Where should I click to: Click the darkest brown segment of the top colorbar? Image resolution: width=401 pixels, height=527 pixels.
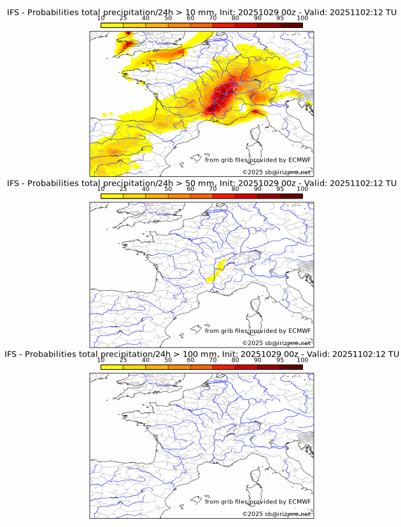[x=291, y=24]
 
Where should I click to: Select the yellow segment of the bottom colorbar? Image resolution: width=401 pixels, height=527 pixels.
[x=112, y=367]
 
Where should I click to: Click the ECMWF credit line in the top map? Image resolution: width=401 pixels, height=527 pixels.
[x=258, y=160]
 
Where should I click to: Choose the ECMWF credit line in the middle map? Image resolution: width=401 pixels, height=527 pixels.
[x=258, y=330]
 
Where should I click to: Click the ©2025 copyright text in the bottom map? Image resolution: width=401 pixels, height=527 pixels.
[x=276, y=514]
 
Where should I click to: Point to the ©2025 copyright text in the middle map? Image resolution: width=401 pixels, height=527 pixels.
[x=276, y=343]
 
